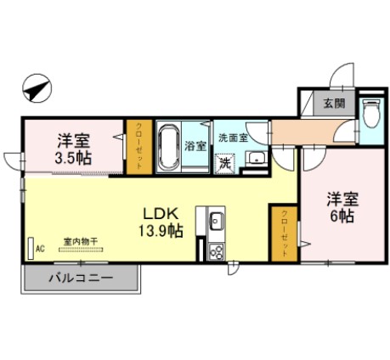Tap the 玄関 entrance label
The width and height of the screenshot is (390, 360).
(333, 104)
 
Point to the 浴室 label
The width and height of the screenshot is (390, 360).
(195, 145)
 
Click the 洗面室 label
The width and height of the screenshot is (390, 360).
(232, 138)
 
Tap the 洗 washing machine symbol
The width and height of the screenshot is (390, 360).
(225, 160)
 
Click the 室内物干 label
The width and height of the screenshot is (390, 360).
(81, 242)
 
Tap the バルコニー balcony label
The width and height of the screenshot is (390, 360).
(81, 278)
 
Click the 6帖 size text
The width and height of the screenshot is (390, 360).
(343, 217)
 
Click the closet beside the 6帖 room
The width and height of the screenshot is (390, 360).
(284, 232)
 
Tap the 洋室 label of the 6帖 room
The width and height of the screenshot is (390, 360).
(344, 200)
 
